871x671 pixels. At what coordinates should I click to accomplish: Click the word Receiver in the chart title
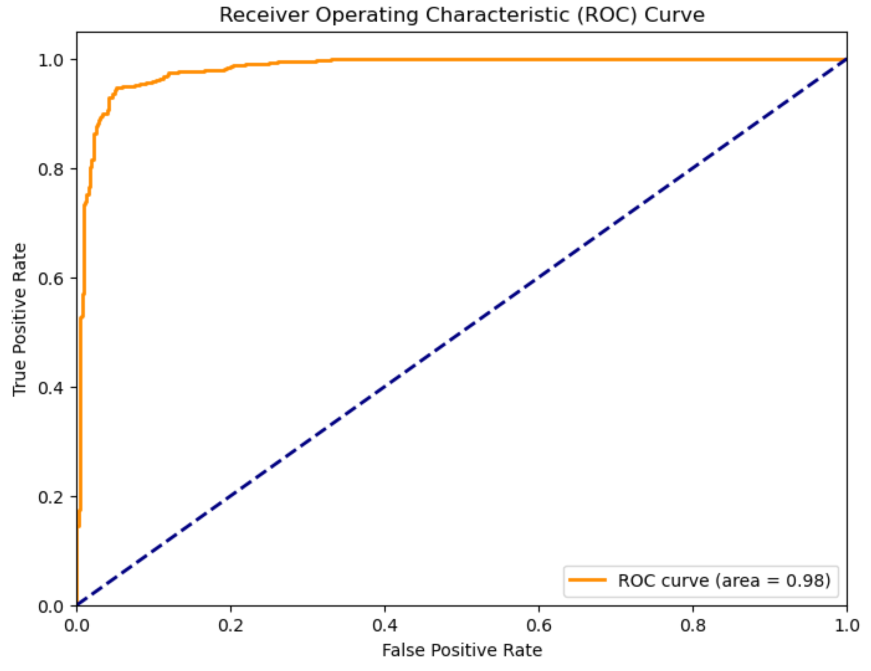tap(264, 15)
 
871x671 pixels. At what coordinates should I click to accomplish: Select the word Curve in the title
tap(674, 15)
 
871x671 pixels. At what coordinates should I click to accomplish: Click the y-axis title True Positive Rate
tap(19, 319)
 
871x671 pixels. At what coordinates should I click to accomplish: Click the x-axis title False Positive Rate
tap(462, 650)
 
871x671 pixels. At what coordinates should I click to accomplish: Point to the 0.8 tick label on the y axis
tap(50, 169)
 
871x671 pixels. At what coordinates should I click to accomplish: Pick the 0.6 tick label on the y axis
tap(50, 278)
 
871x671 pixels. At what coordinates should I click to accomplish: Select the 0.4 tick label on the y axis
tap(50, 388)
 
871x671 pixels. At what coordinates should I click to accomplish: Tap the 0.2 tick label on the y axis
tap(50, 497)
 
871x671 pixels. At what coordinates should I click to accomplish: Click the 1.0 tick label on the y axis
tap(50, 60)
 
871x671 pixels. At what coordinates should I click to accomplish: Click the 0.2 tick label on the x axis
tap(231, 625)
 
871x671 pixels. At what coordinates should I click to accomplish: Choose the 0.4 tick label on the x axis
tap(385, 625)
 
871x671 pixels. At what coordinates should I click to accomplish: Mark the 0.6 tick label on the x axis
tap(539, 625)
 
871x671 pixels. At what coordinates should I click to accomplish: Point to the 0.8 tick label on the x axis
tap(693, 625)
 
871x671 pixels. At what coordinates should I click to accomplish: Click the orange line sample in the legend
tap(587, 580)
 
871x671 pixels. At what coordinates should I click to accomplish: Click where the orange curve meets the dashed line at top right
tap(846, 60)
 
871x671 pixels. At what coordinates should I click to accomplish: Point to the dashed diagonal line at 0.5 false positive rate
tap(462, 333)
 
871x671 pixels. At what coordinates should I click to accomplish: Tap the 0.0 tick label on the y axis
tap(50, 606)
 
